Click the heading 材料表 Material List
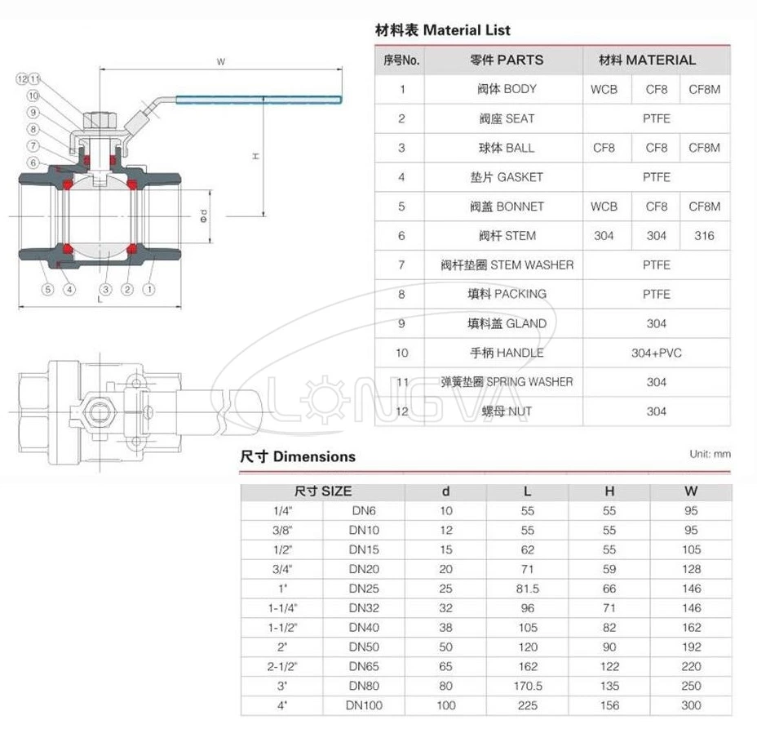442,30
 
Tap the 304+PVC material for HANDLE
656,353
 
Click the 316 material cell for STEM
704,236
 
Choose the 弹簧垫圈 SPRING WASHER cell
507,382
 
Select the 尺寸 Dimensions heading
298,456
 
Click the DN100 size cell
364,705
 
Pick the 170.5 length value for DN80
527,686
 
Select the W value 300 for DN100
690,705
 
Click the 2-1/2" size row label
281,666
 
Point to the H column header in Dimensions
609,491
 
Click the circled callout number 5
47,288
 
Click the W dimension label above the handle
221,62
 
